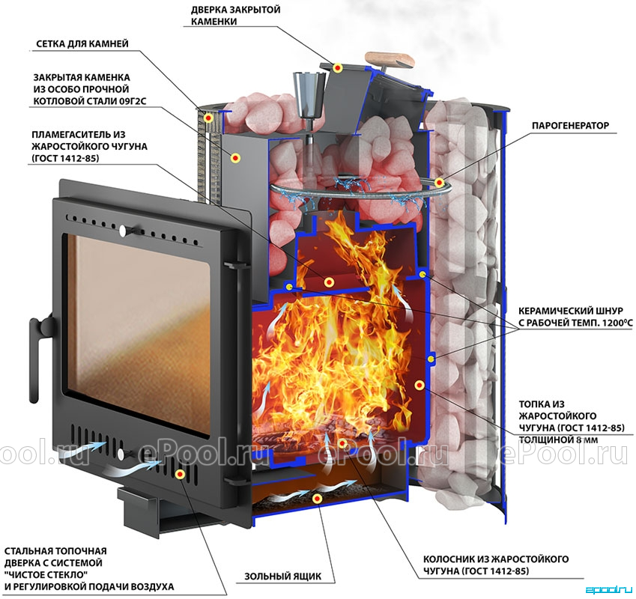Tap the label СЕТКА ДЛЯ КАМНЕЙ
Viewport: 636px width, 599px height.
pyautogui.click(x=82, y=43)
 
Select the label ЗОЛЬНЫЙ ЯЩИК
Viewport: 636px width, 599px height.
pyautogui.click(x=282, y=576)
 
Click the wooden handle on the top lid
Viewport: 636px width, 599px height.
pyautogui.click(x=390, y=60)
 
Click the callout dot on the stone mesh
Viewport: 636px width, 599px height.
pyautogui.click(x=208, y=118)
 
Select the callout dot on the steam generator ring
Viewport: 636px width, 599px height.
pyautogui.click(x=438, y=183)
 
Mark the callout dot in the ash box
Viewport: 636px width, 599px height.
pyautogui.click(x=317, y=499)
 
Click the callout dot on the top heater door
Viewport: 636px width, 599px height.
pyautogui.click(x=337, y=67)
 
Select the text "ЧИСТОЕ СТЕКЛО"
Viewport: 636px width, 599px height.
pyautogui.click(x=46, y=575)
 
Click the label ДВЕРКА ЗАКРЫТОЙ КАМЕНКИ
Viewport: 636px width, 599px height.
pyautogui.click(x=236, y=16)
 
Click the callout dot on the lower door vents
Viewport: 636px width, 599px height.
pyautogui.click(x=180, y=474)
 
